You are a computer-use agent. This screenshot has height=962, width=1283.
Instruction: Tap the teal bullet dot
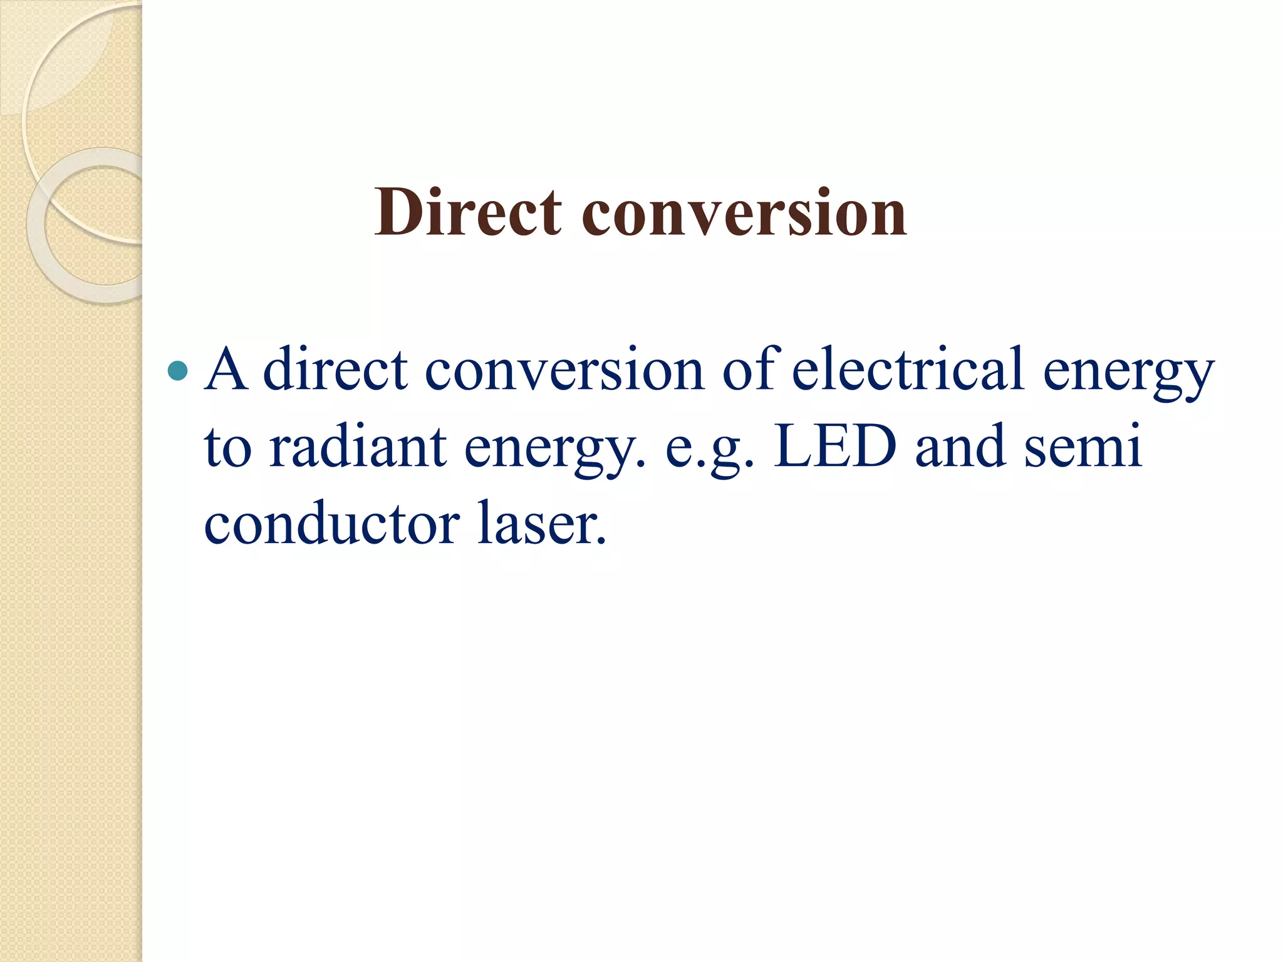(178, 371)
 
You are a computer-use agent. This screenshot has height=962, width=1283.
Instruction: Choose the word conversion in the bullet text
(564, 371)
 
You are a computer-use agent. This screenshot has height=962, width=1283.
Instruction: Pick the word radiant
(358, 447)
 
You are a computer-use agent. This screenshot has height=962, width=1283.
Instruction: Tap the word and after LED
(960, 447)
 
